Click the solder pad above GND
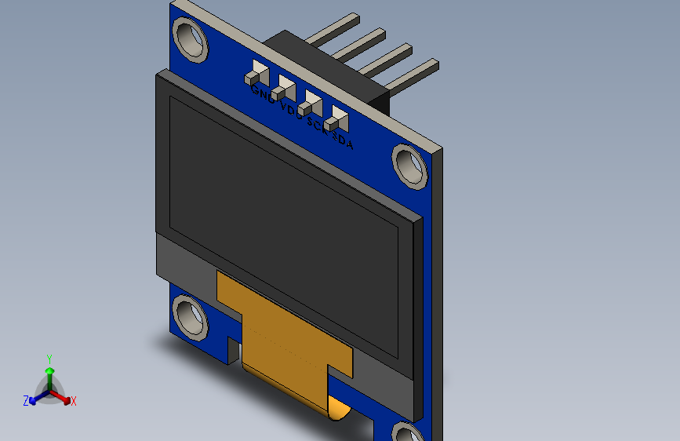256,73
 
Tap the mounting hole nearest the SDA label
410,166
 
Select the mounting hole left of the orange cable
190,316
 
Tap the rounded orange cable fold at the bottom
337,408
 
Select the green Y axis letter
49,357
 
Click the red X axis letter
74,401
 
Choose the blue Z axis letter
26,401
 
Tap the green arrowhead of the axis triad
49,370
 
